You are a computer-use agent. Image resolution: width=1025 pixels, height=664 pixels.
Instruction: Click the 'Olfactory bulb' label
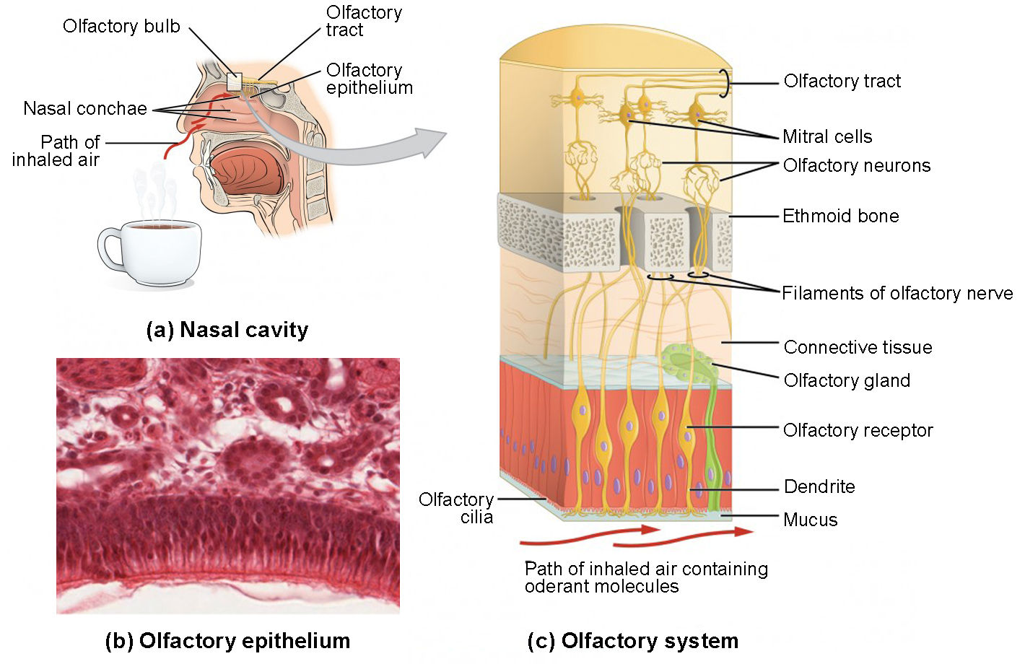pos(121,27)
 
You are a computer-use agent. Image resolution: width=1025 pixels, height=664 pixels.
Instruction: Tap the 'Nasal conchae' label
pos(85,109)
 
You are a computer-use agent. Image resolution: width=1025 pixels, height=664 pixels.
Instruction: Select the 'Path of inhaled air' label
pos(56,151)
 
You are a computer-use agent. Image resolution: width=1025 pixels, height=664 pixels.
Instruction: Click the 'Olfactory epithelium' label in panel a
pos(369,79)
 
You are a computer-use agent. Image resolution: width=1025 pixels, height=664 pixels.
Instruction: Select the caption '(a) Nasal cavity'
pos(227,330)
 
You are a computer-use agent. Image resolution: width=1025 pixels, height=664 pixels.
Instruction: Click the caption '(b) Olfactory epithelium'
pos(227,641)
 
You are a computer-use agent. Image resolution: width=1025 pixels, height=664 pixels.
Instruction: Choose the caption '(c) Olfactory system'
pos(632,641)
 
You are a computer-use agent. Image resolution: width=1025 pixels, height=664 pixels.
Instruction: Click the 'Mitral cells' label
pos(827,136)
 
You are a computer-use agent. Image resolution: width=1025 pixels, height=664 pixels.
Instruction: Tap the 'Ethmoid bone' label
pos(841,216)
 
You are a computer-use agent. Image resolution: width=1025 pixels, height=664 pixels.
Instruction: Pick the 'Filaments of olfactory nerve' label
pos(897,293)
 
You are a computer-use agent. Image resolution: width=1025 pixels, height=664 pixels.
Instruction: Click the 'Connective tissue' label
pos(858,347)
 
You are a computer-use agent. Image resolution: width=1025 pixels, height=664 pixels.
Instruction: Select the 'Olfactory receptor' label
pos(858,430)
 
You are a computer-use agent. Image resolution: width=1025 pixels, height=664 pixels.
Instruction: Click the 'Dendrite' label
pos(819,486)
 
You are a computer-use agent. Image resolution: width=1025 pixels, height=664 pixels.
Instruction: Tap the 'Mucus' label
pos(810,520)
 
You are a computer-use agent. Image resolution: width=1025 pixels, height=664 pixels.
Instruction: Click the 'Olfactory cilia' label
pos(456,508)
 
